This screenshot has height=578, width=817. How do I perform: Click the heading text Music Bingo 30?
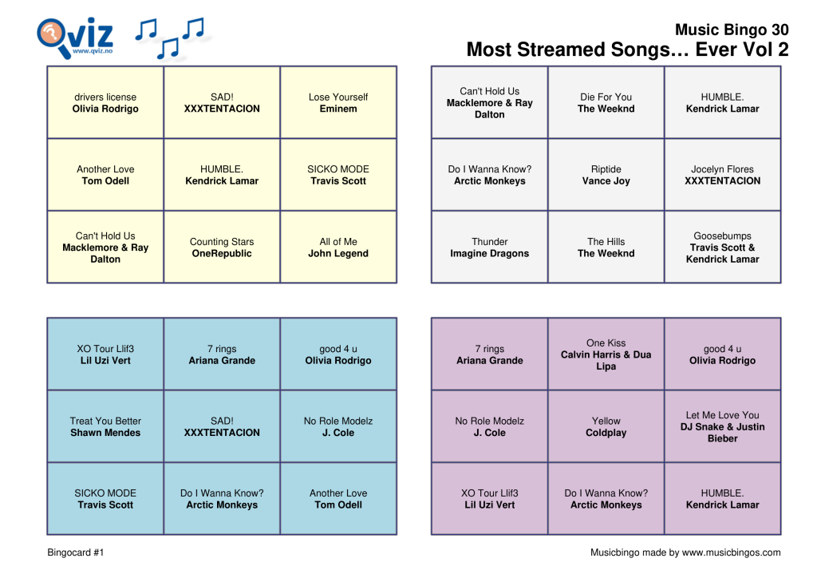point(732,30)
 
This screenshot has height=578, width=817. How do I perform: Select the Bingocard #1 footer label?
point(76,552)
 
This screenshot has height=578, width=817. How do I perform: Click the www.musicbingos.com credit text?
point(685,552)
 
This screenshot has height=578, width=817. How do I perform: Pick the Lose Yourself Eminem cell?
point(338,103)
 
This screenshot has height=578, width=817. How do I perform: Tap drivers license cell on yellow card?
point(105,103)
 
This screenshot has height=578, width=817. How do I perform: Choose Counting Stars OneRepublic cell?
point(222,247)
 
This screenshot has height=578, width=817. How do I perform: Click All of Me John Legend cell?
point(338,247)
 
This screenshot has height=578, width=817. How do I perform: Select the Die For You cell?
point(606,103)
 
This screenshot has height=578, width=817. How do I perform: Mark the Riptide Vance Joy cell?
point(606,175)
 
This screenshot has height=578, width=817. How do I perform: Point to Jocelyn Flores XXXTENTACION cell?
point(723,175)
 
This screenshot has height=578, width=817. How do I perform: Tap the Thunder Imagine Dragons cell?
point(490,247)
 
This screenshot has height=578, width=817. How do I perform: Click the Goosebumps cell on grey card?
point(723,247)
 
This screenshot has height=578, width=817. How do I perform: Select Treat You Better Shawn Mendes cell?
point(105,427)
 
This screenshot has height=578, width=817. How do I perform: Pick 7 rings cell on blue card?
point(222,354)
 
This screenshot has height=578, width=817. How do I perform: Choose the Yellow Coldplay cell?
point(606,427)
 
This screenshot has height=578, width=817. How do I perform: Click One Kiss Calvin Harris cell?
point(606,354)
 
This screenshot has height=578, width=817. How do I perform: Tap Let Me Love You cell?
point(723,427)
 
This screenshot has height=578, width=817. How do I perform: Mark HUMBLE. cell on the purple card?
point(723,499)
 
